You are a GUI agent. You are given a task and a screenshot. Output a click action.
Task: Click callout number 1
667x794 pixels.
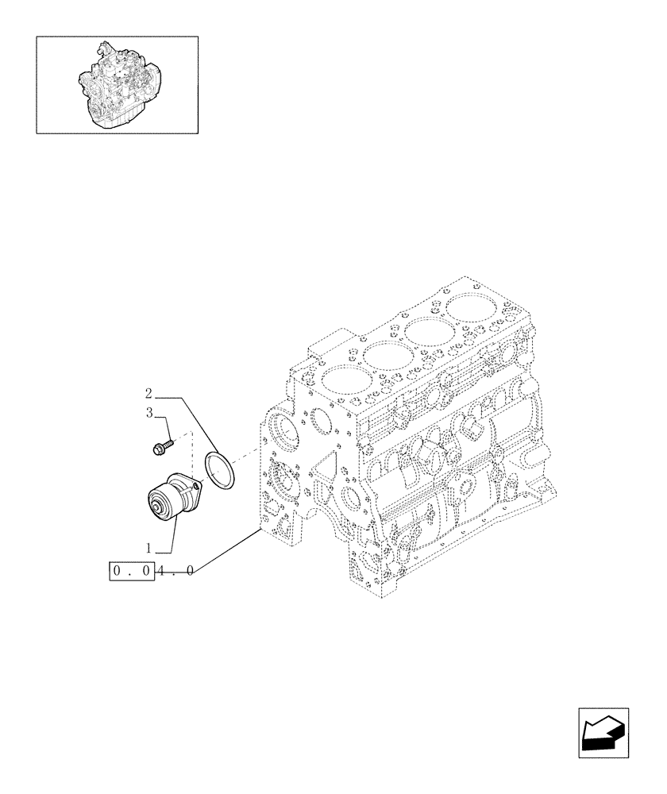[x=148, y=546]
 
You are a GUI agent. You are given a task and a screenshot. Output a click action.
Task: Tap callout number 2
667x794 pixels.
[x=148, y=393]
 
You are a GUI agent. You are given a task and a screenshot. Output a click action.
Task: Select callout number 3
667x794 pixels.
[x=148, y=412]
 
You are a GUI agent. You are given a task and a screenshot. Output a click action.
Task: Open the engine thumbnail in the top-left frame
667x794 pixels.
[x=118, y=85]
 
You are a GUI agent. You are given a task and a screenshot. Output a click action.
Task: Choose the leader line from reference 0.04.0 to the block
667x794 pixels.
[x=226, y=549]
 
